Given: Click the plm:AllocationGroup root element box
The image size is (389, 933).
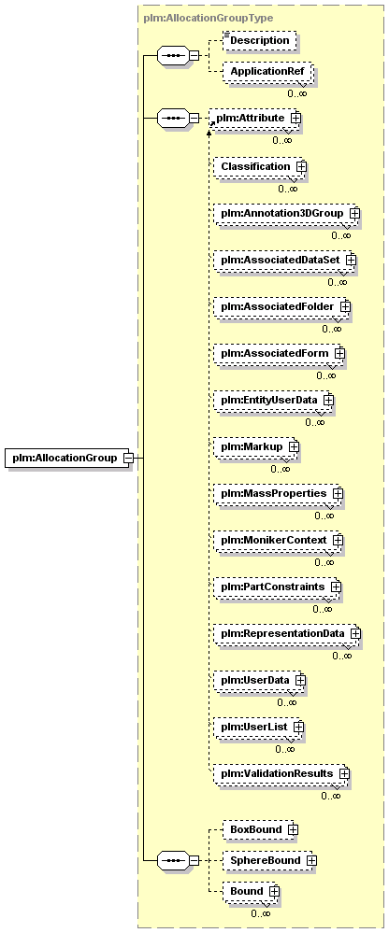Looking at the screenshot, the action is click(x=69, y=458).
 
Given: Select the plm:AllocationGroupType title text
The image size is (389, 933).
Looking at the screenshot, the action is click(x=209, y=18).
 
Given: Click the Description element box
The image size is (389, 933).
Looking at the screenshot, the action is click(x=259, y=40).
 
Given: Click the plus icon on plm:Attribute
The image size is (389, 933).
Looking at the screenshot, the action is click(x=295, y=118).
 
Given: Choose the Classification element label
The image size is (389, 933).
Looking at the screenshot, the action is click(x=255, y=166).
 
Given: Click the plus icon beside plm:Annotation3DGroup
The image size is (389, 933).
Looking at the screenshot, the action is click(x=354, y=213).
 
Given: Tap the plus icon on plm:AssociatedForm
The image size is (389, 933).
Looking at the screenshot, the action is click(x=339, y=353).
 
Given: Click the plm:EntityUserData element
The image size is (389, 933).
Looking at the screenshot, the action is click(x=274, y=400).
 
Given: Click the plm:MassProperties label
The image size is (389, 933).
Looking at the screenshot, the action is click(x=273, y=493).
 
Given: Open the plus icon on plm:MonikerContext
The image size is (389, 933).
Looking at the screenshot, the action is click(x=338, y=541).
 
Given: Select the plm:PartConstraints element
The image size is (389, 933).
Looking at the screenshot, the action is click(x=278, y=587).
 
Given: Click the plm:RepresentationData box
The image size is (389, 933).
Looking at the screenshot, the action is click(x=288, y=633).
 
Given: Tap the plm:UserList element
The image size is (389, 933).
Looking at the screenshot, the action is click(x=259, y=727).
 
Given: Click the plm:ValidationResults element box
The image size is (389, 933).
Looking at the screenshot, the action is click(x=281, y=773).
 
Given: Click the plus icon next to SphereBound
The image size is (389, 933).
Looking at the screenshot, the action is click(x=311, y=860).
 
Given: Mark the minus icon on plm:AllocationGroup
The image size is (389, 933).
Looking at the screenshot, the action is click(x=127, y=458).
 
